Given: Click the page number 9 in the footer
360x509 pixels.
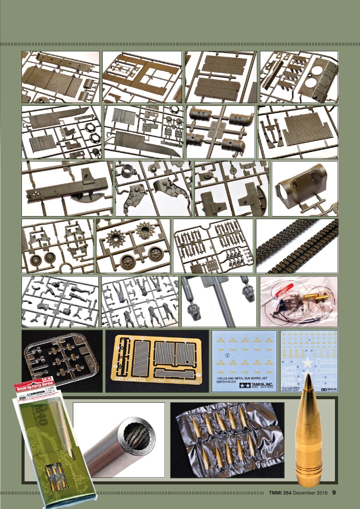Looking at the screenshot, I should click(x=334, y=492).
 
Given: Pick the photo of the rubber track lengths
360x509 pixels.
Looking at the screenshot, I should click(x=297, y=246).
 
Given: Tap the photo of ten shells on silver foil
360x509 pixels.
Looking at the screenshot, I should click(x=227, y=440).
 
